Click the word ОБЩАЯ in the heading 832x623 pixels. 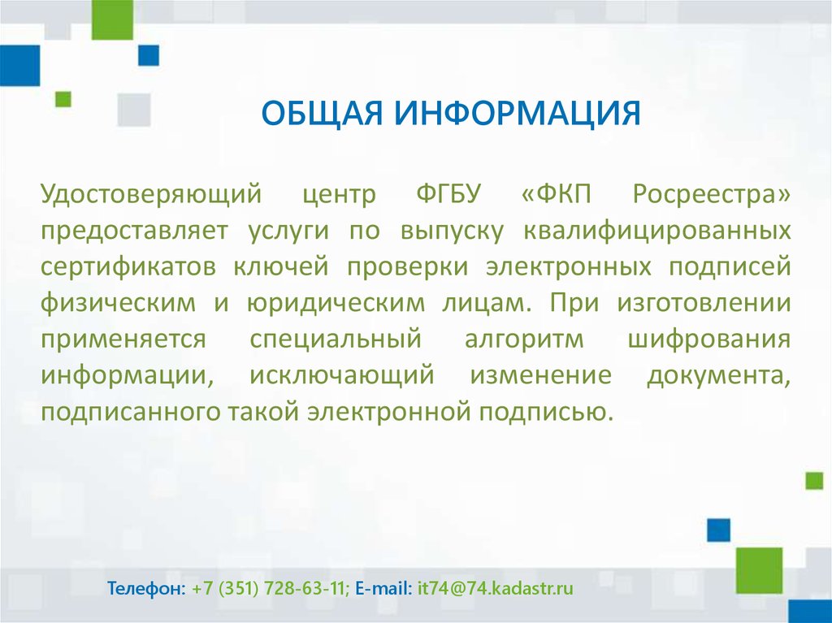point(322,114)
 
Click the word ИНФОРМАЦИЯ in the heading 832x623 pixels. point(518,113)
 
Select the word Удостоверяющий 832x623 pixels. point(151,195)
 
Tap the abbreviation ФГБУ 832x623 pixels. point(448,195)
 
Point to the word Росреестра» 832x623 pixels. point(712,195)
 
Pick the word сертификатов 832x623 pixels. point(128,266)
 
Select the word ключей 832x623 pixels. point(281,266)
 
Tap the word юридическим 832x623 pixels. point(336,304)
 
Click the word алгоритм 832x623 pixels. point(524,340)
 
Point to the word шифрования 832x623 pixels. point(709,340)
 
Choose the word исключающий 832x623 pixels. point(342,376)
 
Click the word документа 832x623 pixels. point(718,376)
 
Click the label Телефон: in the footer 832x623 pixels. point(147,588)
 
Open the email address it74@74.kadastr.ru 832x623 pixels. point(496,589)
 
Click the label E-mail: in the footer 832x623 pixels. point(383,588)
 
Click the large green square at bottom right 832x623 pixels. point(760,570)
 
